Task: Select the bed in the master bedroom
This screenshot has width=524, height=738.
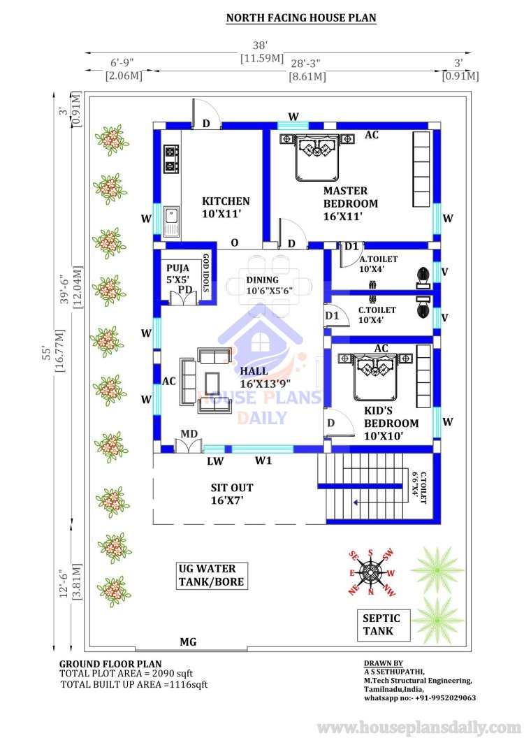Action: [316, 157]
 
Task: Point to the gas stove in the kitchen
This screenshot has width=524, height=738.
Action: [170, 159]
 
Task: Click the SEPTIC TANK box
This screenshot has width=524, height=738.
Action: [381, 625]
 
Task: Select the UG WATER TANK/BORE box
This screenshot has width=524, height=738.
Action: [212, 575]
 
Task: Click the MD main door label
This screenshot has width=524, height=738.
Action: [189, 434]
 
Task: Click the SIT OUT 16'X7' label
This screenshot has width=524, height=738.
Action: [232, 493]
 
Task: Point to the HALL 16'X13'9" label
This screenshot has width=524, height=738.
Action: [265, 377]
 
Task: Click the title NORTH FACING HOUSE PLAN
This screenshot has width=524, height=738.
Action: [301, 18]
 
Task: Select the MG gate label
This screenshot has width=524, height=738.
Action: [188, 642]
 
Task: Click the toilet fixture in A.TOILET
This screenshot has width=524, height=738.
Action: [423, 277]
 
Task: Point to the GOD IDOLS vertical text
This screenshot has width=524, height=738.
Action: [206, 273]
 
